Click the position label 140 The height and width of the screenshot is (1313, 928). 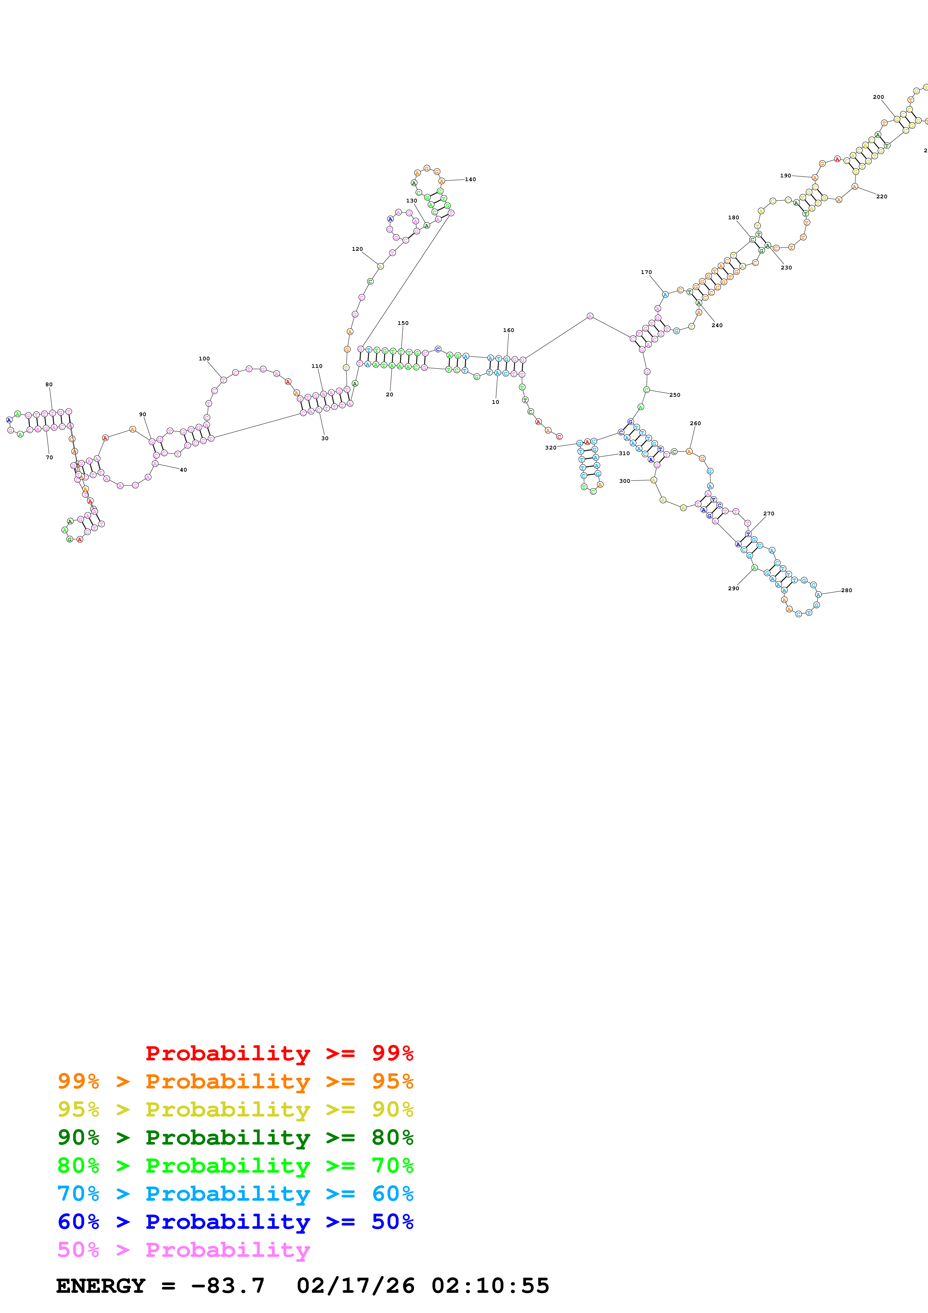(470, 180)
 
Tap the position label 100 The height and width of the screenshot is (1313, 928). (204, 359)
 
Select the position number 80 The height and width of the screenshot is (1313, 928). (49, 384)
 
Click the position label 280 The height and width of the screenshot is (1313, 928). (846, 590)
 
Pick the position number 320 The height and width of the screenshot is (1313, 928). (551, 448)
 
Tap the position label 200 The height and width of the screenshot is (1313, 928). (878, 97)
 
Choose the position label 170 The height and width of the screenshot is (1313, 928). (646, 272)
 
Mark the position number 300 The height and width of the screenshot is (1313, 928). (624, 481)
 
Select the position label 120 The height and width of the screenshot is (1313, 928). (357, 249)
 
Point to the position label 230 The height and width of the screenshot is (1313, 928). (786, 268)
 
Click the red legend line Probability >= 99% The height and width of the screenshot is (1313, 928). (279, 1053)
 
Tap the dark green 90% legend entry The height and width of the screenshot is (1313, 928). (235, 1137)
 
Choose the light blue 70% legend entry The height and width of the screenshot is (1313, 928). (235, 1194)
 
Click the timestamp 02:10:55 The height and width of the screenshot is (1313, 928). (490, 1286)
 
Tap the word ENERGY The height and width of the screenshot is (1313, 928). (101, 1286)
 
